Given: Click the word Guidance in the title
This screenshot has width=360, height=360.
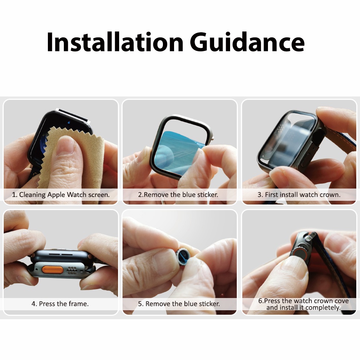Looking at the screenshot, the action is click(x=247, y=42).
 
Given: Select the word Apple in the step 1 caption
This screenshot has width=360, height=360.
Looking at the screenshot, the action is click(x=56, y=195).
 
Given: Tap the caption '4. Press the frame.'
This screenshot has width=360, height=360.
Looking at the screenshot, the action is click(x=60, y=304).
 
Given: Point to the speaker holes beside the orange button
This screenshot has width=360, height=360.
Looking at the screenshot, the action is click(x=72, y=270).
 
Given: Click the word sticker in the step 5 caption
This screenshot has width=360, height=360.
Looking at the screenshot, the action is click(x=209, y=304).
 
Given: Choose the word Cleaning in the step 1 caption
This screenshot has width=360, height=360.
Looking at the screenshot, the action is click(x=32, y=195).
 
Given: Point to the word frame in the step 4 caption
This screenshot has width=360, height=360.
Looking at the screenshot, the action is click(x=79, y=304).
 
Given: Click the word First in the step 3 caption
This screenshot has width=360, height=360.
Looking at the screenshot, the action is click(x=271, y=195).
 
